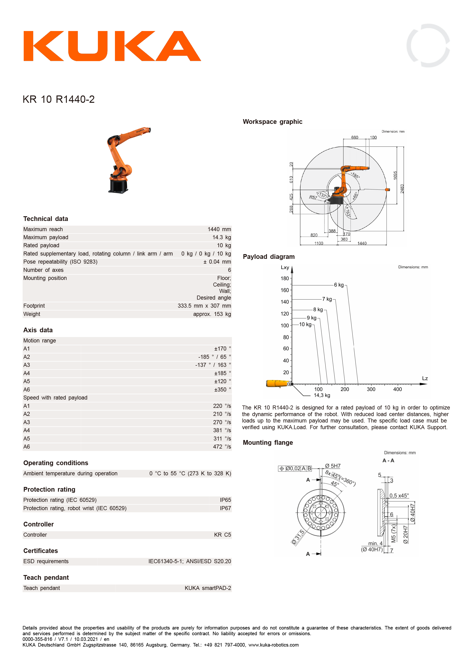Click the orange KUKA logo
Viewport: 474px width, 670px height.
tap(112, 46)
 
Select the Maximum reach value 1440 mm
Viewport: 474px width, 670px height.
tap(219, 229)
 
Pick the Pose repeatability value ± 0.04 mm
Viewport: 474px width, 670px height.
tap(217, 262)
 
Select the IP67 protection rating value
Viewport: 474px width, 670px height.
tap(225, 508)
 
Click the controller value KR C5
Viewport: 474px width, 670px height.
tap(222, 535)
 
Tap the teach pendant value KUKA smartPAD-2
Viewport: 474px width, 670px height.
tap(208, 588)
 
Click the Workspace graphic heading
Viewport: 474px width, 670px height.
tap(273, 122)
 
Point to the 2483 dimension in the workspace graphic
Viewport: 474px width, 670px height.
tap(402, 189)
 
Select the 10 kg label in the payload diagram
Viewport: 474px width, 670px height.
tap(305, 324)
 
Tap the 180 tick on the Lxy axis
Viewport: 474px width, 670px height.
tap(285, 278)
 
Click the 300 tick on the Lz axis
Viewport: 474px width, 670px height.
tap(371, 389)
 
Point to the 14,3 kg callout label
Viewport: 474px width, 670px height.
tap(322, 396)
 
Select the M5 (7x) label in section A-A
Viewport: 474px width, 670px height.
tap(393, 533)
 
